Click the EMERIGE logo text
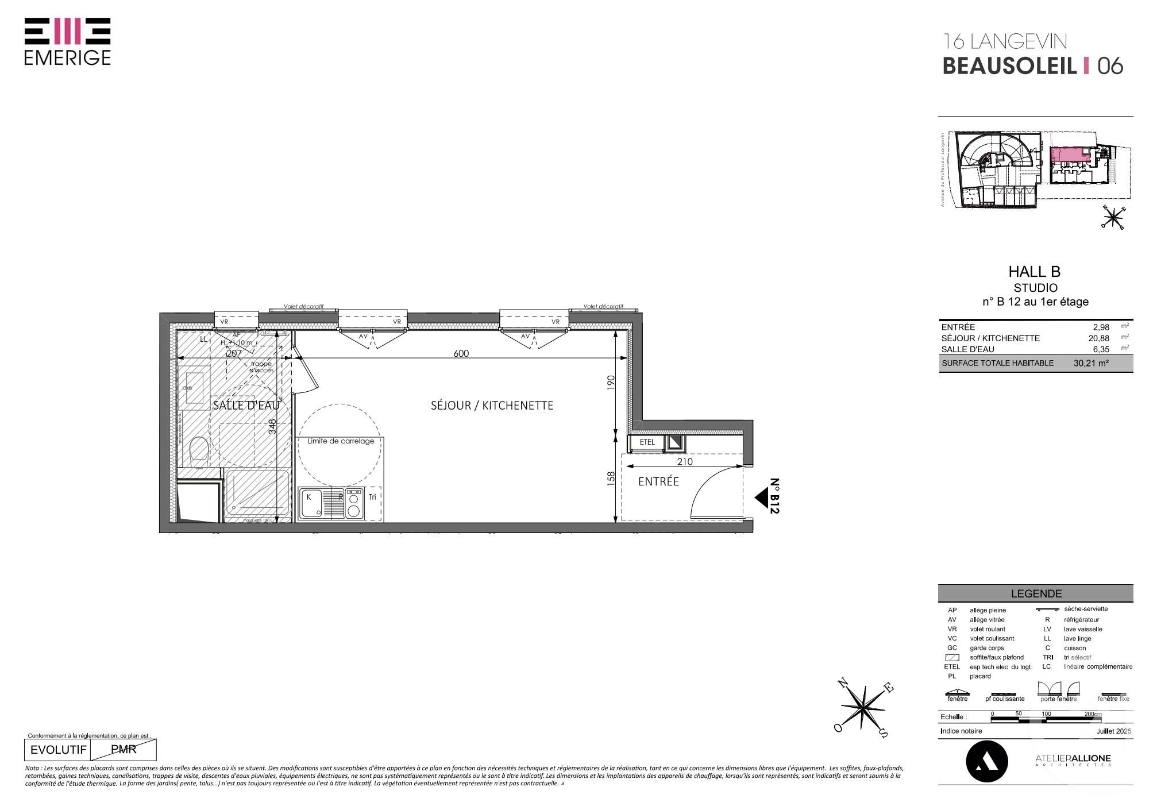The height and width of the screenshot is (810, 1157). pos(67,58)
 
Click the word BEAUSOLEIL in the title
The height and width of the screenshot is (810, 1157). pos(1009,67)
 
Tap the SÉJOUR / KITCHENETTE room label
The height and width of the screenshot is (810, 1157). pos(492,406)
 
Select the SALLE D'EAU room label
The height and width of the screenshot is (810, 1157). pos(246,406)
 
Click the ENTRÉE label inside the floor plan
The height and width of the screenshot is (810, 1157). pos(658,482)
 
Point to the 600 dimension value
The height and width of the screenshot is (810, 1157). pos(461,354)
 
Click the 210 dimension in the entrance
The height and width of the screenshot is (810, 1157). pos(685,461)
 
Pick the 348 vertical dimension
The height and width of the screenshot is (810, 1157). pos(273,426)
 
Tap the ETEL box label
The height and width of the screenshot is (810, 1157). pos(647,442)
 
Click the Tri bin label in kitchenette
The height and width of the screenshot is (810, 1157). pos(372,497)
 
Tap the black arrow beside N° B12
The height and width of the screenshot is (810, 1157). pos(762,498)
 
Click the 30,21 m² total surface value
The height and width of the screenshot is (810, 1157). pos(1090,363)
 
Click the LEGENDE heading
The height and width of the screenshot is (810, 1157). pos(1036,594)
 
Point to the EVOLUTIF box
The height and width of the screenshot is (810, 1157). pos(58,750)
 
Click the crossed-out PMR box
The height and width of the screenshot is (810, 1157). pos(123,750)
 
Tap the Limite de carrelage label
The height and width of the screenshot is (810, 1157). pos(341,441)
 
